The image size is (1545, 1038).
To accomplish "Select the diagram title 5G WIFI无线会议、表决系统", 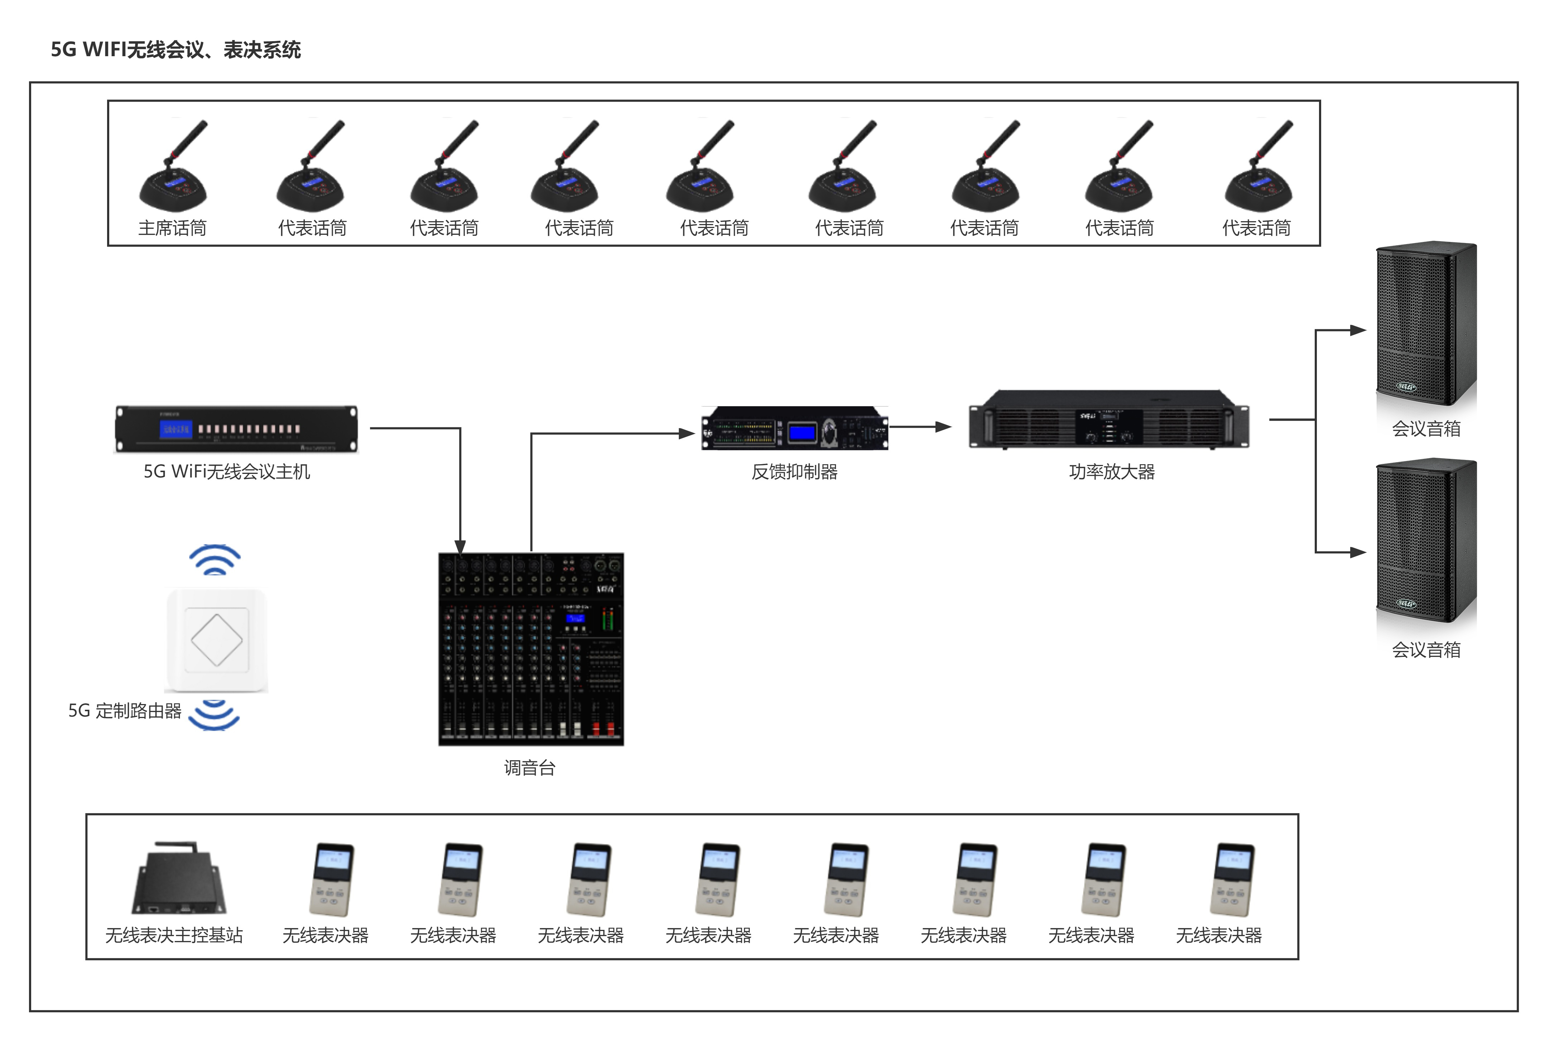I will (x=175, y=50).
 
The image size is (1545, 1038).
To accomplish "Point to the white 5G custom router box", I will (x=217, y=640).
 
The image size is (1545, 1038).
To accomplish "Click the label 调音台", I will (x=530, y=768).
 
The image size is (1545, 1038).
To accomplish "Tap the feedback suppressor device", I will (x=795, y=428).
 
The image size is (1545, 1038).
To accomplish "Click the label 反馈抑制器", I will (x=795, y=472).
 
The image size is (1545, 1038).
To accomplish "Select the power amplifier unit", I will (x=1109, y=420).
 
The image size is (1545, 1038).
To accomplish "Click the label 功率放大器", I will (x=1112, y=472).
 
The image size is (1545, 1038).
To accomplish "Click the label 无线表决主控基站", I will (x=174, y=935).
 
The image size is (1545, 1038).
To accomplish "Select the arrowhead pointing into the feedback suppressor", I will (x=687, y=433).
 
